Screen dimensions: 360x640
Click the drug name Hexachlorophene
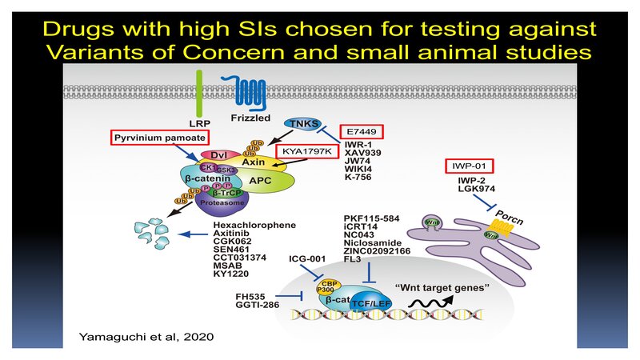tap(249, 226)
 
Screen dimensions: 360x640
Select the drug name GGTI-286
tap(261, 306)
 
